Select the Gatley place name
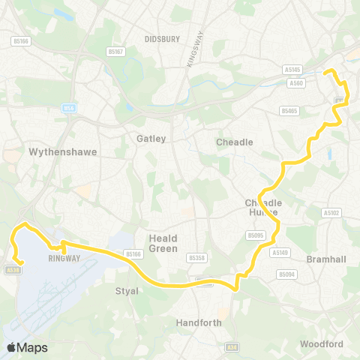151,139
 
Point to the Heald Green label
163,243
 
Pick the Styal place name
127,291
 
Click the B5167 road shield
115,52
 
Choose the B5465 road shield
289,111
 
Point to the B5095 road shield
256,235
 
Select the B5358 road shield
196,258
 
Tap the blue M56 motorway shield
70,109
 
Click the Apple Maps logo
27,347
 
